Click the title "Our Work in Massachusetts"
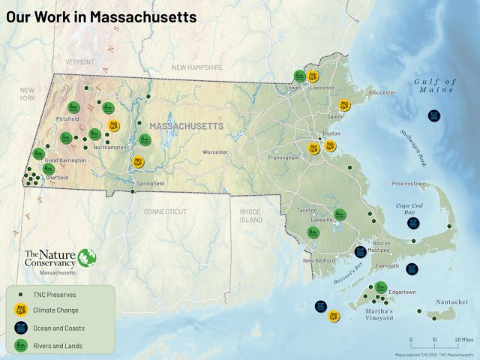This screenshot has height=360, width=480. click(101, 16)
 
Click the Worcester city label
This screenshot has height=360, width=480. click(214, 152)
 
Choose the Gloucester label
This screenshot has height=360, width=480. click(381, 92)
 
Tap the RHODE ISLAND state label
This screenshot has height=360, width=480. click(251, 216)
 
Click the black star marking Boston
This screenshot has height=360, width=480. click(320, 139)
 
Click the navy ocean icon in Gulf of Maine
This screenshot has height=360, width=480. click(433, 115)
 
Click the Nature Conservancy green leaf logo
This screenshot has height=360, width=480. click(88, 257)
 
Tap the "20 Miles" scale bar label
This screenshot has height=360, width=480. click(463, 340)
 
